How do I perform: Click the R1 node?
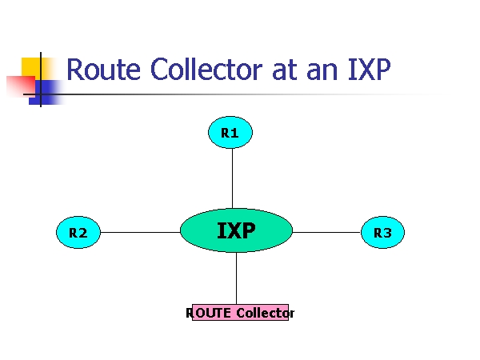click(x=230, y=133)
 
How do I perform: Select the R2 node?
click(x=78, y=233)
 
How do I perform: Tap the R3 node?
click(x=382, y=233)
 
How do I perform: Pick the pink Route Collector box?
click(x=240, y=313)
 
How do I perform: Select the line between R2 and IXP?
click(x=140, y=233)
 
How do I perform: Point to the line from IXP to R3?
click(x=326, y=233)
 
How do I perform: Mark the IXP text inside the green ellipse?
click(x=236, y=231)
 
